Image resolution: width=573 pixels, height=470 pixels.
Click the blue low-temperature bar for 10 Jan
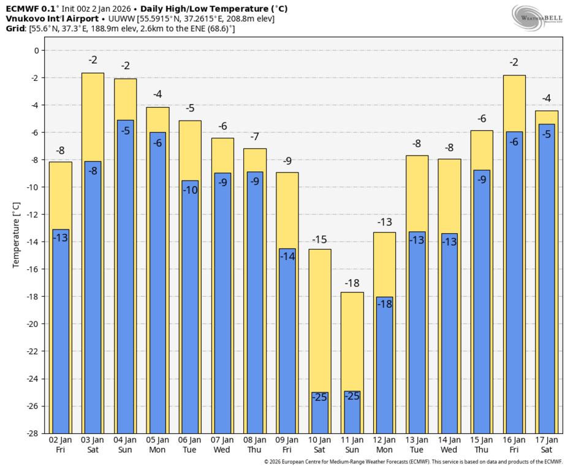click(320, 413)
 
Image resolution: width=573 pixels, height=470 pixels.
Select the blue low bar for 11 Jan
click(352, 413)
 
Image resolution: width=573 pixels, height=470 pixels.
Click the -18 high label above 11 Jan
click(352, 283)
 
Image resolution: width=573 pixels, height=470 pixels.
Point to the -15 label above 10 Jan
click(320, 240)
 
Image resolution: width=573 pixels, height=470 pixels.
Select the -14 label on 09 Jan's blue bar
click(287, 256)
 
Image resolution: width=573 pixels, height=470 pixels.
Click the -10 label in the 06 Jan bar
click(191, 189)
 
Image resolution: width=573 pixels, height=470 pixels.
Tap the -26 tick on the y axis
click(32, 406)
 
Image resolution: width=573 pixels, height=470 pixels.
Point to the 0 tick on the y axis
click(36, 51)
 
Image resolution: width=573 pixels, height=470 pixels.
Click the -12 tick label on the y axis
click(32, 215)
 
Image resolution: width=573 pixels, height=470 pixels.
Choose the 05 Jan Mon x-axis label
click(158, 444)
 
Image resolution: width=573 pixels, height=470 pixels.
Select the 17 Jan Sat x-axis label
click(547, 444)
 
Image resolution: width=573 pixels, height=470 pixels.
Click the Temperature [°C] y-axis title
click(17, 236)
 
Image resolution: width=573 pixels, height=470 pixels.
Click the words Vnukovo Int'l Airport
click(52, 18)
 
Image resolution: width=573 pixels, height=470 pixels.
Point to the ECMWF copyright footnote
click(413, 462)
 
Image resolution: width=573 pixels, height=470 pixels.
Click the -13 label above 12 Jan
click(385, 222)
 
